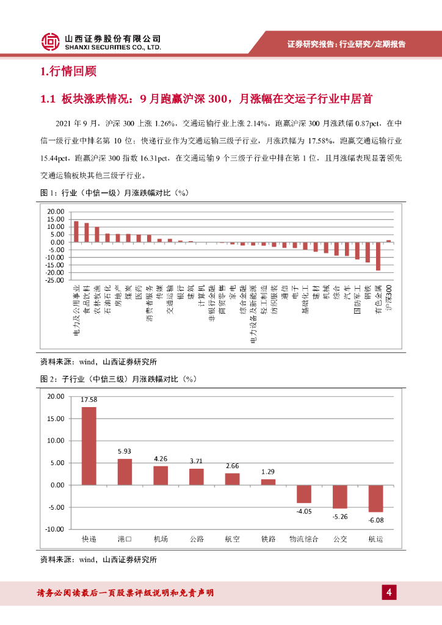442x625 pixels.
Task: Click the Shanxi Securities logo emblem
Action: (x=51, y=42)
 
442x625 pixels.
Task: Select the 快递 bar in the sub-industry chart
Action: (x=89, y=446)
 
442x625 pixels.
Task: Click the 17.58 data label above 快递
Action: (x=89, y=400)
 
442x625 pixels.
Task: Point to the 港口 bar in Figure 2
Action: (x=125, y=472)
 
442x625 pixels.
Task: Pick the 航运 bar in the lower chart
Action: (x=375, y=498)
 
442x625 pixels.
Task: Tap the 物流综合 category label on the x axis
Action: (x=303, y=540)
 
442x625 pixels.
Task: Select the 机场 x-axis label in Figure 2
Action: (x=161, y=540)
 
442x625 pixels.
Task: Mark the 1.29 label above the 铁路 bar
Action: (x=268, y=472)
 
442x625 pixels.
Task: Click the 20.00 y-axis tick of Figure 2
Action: (x=55, y=396)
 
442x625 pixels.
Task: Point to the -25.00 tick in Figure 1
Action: (x=55, y=281)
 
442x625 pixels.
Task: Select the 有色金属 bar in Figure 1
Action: (x=378, y=256)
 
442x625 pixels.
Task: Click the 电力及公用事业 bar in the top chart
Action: (x=76, y=231)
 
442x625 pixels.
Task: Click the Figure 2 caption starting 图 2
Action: (x=117, y=379)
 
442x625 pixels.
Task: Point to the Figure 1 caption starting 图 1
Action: (x=114, y=193)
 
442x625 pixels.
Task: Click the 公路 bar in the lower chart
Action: (x=197, y=477)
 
